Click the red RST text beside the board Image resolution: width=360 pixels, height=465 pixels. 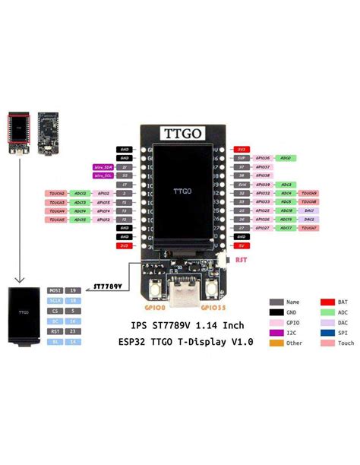(241, 261)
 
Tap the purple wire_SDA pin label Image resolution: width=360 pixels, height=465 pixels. (103, 166)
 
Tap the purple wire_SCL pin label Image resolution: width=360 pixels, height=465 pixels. (103, 176)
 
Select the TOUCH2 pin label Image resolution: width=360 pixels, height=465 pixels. (58, 194)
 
